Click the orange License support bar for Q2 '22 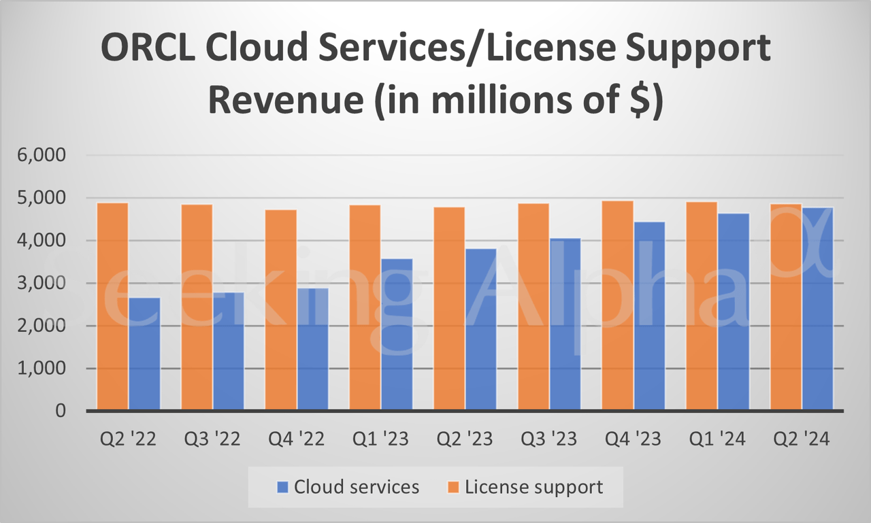[112, 306]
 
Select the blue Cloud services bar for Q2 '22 [144, 354]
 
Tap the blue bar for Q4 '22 [312, 350]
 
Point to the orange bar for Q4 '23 [617, 305]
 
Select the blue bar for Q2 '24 [817, 309]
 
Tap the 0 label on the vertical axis [61, 411]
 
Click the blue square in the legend [283, 487]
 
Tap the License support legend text [533, 487]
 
